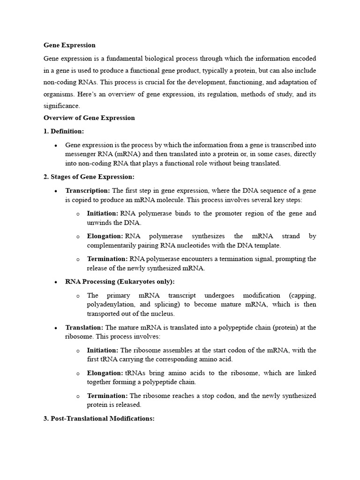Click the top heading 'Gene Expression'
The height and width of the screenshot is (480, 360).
[x=69, y=45]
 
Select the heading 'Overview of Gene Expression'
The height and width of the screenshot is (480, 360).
[x=89, y=118]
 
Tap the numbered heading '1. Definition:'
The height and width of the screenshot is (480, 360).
[x=64, y=131]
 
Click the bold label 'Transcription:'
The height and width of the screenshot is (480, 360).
[x=88, y=191]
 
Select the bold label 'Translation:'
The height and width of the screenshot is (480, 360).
[x=84, y=328]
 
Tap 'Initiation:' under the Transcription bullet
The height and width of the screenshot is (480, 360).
[x=103, y=214]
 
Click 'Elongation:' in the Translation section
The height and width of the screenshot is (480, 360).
[x=105, y=373]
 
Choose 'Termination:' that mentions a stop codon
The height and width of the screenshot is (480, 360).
[x=107, y=396]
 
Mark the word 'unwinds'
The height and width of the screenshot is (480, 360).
[x=98, y=223]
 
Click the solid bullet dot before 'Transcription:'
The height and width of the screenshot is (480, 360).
[x=56, y=191]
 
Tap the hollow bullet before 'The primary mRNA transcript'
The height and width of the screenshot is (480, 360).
[x=78, y=296]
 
